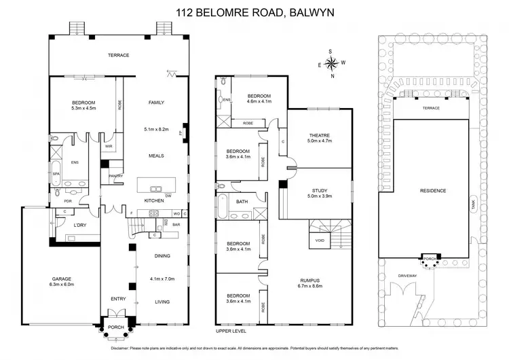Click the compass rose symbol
click(332, 64)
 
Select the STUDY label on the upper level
click(319, 190)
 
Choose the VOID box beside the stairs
click(318, 240)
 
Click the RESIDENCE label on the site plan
click(432, 191)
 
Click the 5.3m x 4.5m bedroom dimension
click(84, 108)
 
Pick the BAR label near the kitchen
click(175, 224)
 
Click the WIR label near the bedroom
click(109, 145)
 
